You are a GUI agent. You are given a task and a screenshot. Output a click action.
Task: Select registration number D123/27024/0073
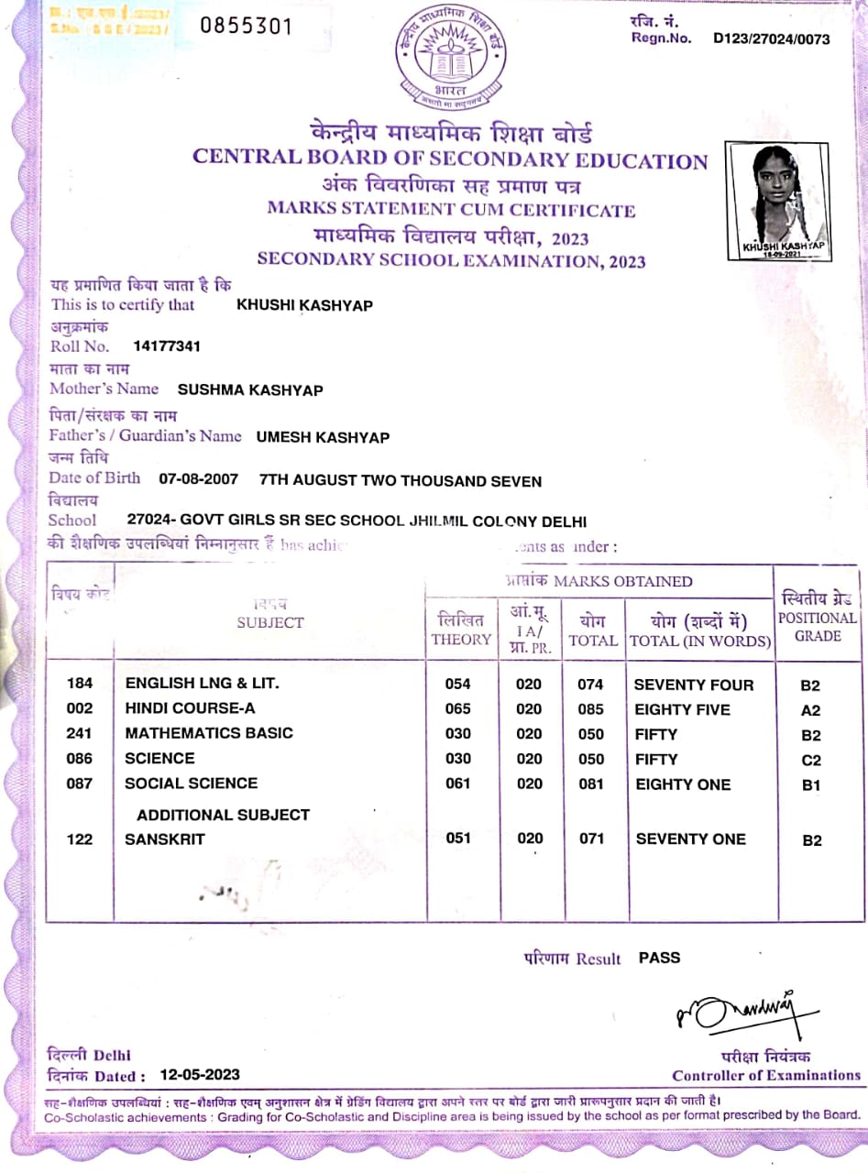[771, 38]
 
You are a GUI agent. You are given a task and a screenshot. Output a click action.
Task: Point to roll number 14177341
[167, 346]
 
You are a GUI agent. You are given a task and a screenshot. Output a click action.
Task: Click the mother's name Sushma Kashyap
[250, 389]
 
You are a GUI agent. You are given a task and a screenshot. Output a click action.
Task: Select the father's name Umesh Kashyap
[323, 437]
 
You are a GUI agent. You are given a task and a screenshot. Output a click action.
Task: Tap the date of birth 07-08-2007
[198, 479]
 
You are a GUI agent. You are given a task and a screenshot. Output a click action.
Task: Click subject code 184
[80, 684]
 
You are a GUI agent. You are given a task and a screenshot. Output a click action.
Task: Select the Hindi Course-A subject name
[190, 708]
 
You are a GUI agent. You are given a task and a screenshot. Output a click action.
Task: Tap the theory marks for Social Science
[457, 784]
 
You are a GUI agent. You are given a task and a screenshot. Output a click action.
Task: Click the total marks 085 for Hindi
[591, 709]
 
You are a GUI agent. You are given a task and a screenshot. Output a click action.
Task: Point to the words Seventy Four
[694, 685]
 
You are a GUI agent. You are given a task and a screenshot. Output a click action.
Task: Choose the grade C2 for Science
[811, 760]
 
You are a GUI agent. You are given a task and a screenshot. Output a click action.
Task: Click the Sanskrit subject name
[165, 839]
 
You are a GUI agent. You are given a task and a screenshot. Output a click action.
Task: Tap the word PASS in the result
[659, 958]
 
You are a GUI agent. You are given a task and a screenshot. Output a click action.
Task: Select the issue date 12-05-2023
[199, 1075]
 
